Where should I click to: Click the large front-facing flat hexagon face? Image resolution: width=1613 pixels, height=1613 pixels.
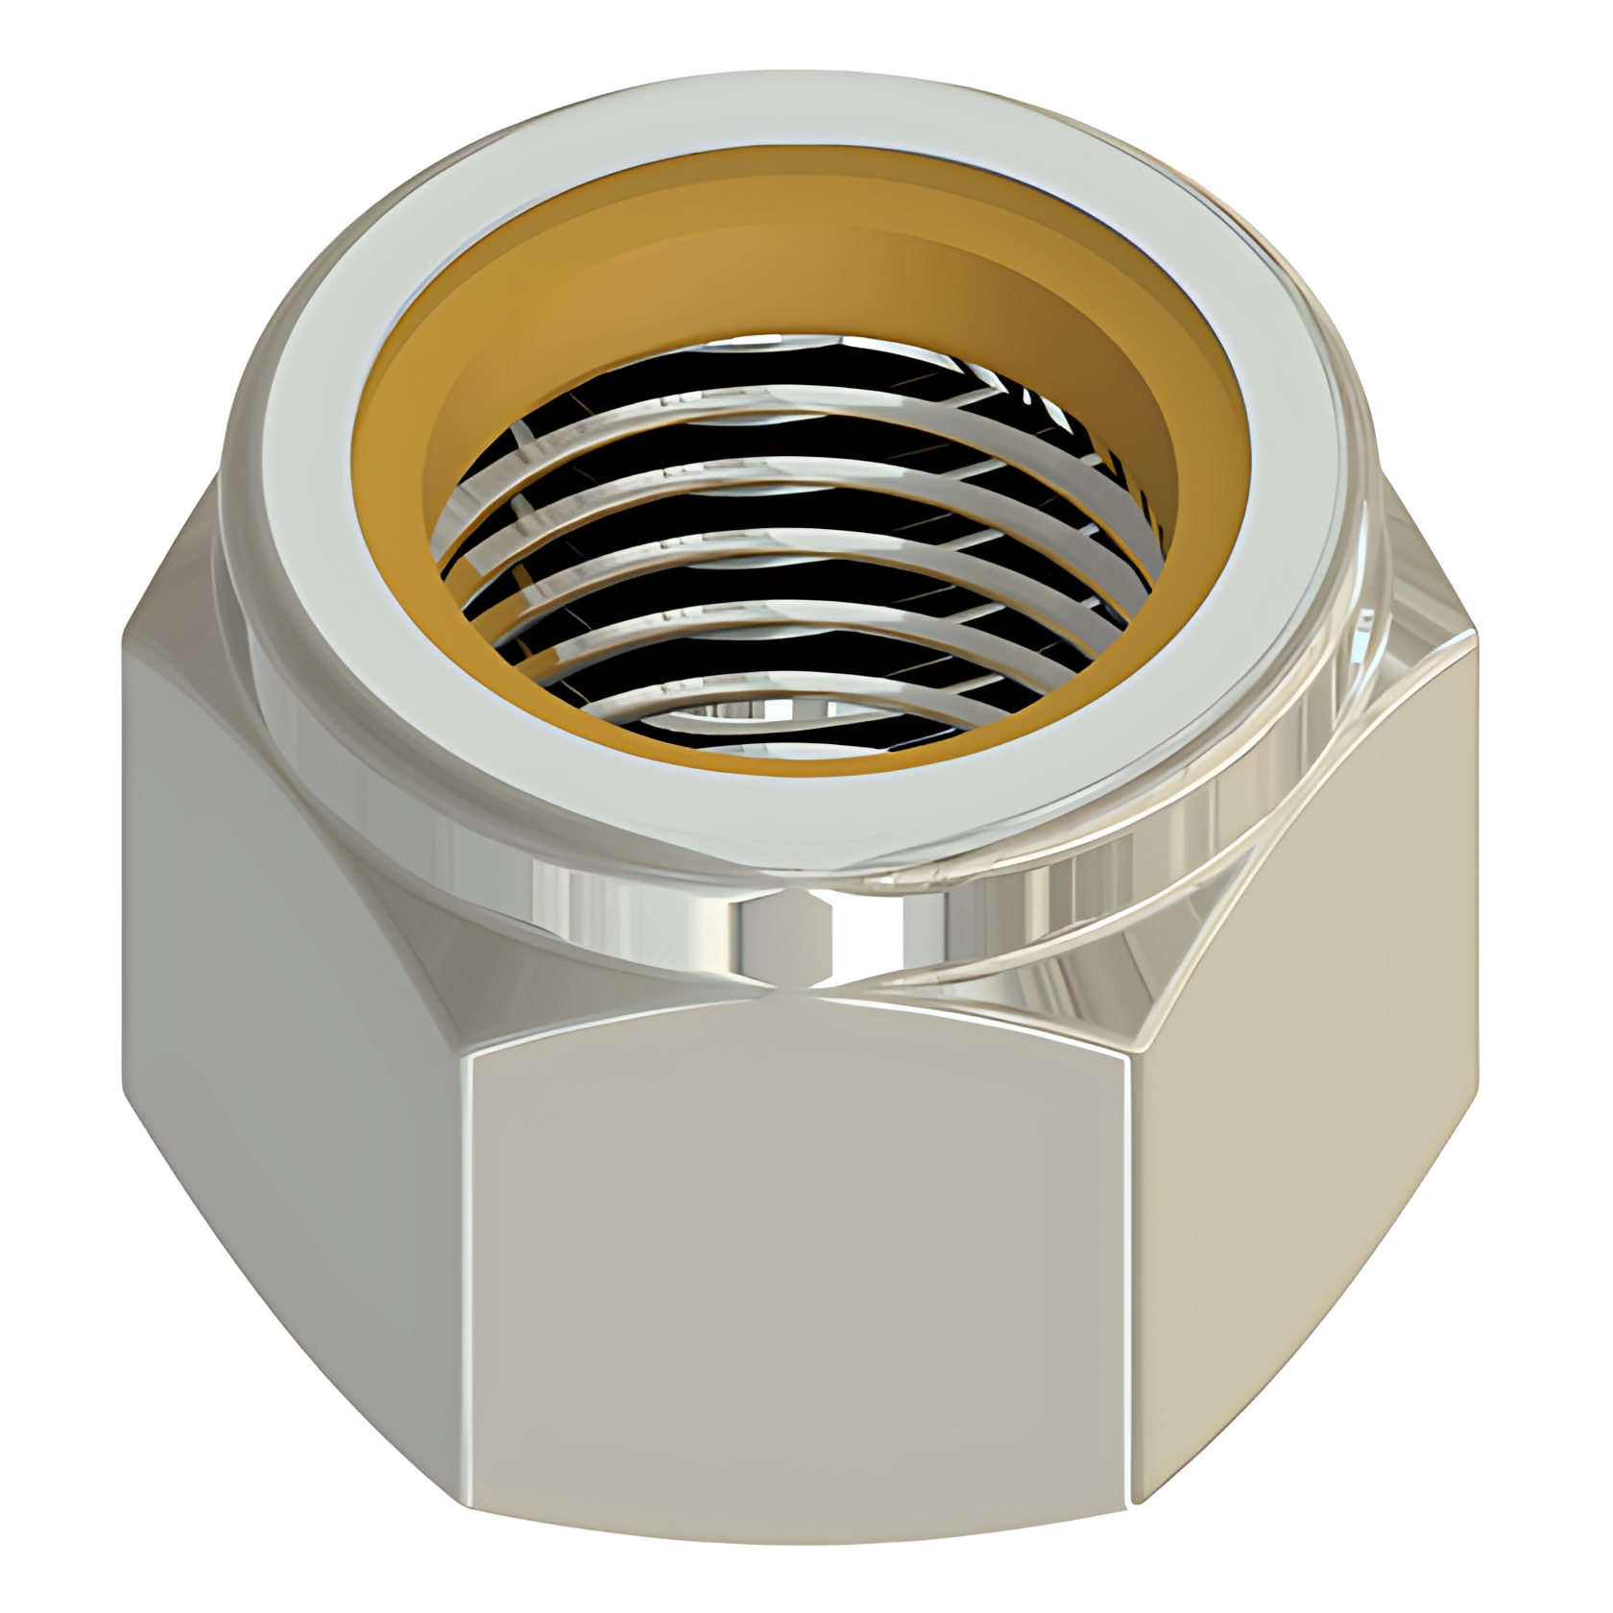[x=802, y=1248]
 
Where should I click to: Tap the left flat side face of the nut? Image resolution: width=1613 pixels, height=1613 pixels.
[x=288, y=1008]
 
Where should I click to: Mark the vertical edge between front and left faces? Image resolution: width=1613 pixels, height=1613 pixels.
[x=470, y=1248]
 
